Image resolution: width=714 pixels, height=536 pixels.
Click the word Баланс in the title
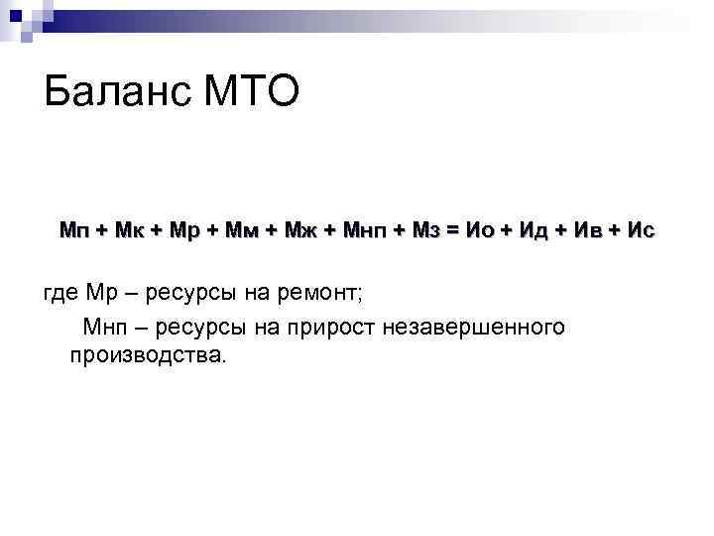117,95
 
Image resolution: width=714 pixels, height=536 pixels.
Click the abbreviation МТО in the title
250,95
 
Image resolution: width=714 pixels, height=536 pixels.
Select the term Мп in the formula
72,231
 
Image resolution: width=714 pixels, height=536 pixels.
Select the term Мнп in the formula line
366,231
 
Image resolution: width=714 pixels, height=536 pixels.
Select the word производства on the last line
148,355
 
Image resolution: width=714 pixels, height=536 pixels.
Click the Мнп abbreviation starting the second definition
107,326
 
